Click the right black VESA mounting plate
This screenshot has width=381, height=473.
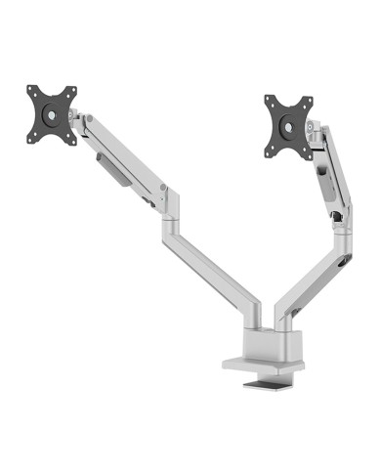coord(287,124)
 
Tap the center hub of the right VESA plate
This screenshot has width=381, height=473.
coord(287,125)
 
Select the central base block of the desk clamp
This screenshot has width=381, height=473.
coord(264,337)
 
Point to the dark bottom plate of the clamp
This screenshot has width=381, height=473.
coord(269,389)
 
